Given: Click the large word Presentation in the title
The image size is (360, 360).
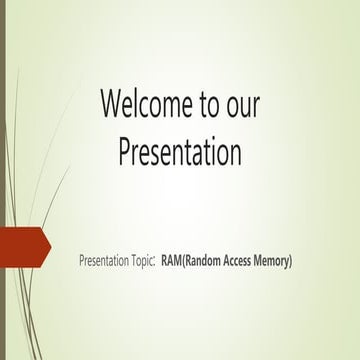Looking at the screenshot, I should click(x=179, y=152).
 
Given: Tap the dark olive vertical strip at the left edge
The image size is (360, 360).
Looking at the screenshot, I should click(x=2, y=180).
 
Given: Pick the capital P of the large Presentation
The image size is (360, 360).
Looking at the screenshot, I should click(x=125, y=152).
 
